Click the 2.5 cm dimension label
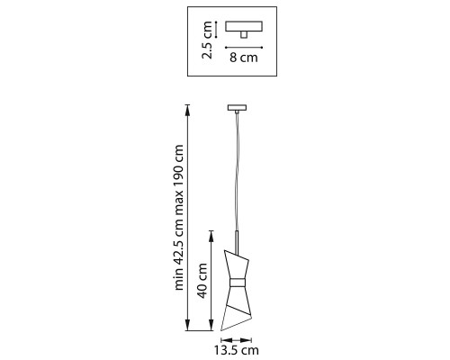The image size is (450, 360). click(207, 40)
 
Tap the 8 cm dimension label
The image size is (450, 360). click(244, 57)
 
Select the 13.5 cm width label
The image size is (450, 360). click(236, 350)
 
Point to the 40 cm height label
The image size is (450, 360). click(203, 281)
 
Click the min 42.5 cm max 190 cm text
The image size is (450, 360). click(179, 218)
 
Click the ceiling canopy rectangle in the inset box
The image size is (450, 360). click(244, 26)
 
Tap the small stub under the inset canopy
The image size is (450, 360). click(244, 35)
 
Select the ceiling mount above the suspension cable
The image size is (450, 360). click(237, 107)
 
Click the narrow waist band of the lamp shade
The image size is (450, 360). click(238, 283)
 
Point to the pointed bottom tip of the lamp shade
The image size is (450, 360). click(221, 330)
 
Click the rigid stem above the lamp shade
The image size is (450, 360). click(237, 242)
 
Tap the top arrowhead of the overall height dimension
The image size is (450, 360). click(188, 110)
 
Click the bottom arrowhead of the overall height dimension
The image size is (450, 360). click(188, 325)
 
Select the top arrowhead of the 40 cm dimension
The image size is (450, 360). click(211, 237)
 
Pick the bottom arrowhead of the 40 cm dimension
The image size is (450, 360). click(211, 325)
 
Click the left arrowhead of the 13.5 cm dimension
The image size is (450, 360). click(227, 340)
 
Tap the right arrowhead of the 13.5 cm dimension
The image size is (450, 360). click(246, 340)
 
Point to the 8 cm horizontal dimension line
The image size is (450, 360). click(244, 47)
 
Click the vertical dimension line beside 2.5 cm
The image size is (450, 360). click(216, 30)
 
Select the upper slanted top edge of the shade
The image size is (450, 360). click(237, 254)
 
